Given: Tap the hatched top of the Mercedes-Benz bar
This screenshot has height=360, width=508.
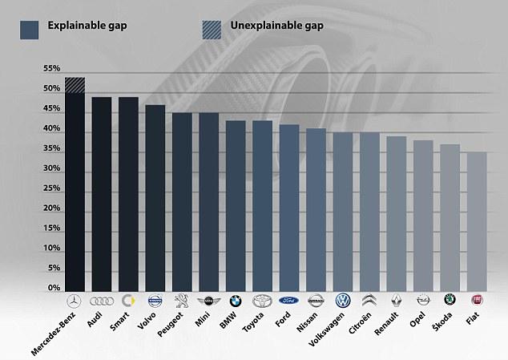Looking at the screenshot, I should click(75, 85).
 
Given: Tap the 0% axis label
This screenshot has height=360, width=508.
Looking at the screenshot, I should click(53, 288).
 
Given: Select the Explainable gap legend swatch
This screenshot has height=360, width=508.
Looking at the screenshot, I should click(29, 29).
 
